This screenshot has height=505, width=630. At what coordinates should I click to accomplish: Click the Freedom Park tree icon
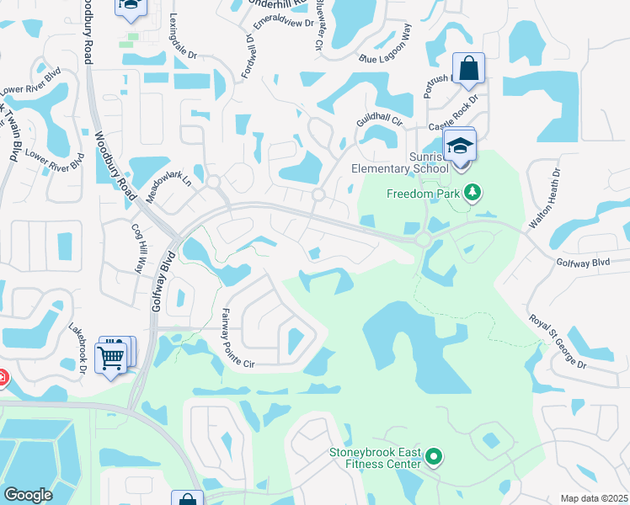tap(472, 194)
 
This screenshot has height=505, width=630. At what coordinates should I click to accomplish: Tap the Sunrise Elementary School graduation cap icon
tap(460, 146)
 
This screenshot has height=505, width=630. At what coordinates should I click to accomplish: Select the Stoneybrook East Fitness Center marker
tap(434, 457)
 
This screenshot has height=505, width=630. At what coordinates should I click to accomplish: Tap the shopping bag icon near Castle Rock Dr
tap(468, 67)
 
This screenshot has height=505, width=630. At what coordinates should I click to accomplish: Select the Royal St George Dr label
tap(558, 340)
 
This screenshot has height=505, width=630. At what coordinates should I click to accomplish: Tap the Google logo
tap(28, 495)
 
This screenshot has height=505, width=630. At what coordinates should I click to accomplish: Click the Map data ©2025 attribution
tap(594, 498)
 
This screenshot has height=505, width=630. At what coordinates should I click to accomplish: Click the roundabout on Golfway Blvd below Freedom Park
tap(423, 240)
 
